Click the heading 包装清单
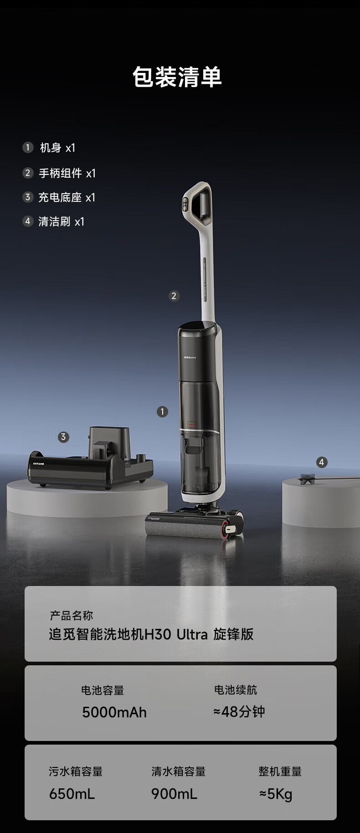pyautogui.click(x=177, y=77)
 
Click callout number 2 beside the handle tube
pyautogui.click(x=174, y=296)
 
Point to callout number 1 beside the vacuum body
pyautogui.click(x=162, y=411)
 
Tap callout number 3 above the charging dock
pyautogui.click(x=63, y=437)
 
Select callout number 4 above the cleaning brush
pyautogui.click(x=322, y=462)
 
